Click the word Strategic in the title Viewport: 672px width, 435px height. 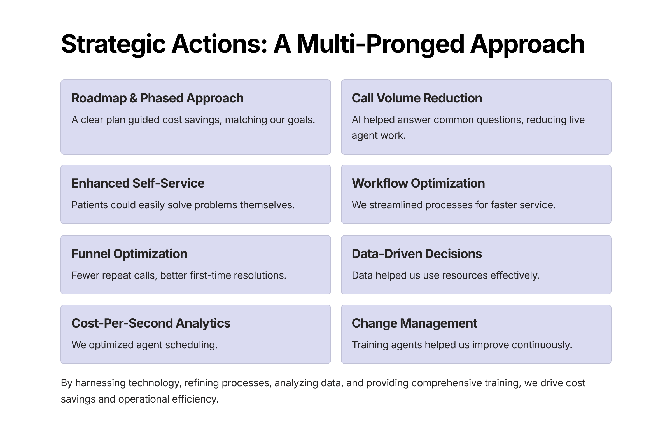[x=113, y=44]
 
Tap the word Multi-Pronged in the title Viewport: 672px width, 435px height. [x=380, y=44]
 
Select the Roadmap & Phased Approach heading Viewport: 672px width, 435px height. [x=157, y=98]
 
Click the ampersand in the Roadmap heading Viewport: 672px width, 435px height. [x=133, y=98]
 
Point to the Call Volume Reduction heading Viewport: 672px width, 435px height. [x=417, y=98]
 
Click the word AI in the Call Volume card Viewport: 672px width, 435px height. [x=356, y=120]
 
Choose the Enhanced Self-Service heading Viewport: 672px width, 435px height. [x=138, y=183]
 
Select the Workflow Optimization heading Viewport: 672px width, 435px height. [x=418, y=183]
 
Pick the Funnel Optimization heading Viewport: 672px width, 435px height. [x=129, y=254]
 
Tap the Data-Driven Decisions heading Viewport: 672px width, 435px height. [x=416, y=254]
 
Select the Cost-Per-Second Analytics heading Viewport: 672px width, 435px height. [x=151, y=323]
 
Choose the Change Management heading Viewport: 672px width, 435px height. [x=414, y=323]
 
